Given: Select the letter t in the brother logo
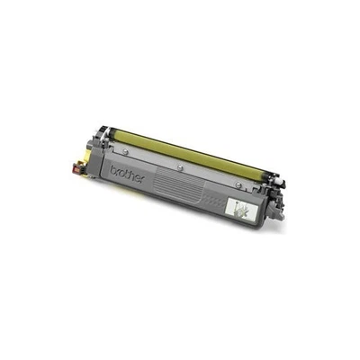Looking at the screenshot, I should tap(124, 174).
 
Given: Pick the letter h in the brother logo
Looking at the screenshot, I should tap(130, 175).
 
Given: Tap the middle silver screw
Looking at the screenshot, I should tap(181, 167).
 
